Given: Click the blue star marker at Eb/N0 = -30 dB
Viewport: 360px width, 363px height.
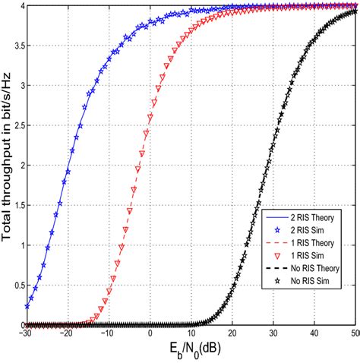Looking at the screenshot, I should [x=27, y=307].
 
